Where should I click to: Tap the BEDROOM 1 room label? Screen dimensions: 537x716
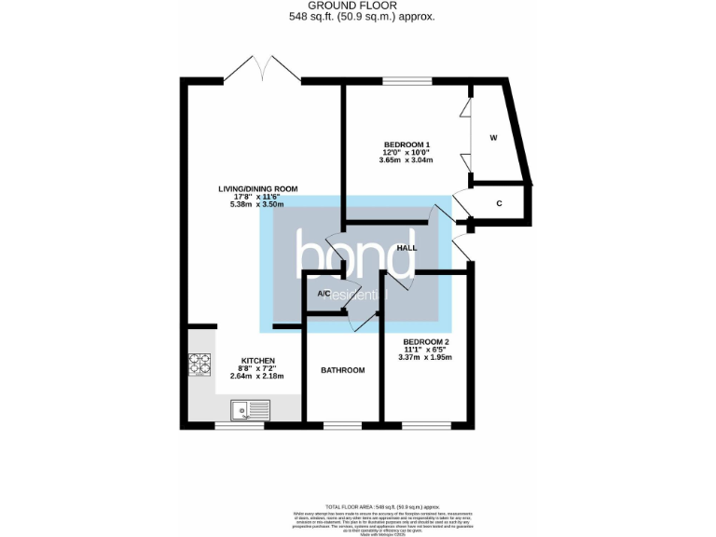point(406,145)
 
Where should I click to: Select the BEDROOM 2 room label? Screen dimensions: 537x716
point(424,342)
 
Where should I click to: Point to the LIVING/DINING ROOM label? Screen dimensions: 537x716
point(257,189)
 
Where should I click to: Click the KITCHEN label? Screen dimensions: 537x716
point(257,361)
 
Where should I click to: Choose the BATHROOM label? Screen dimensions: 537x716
point(342,370)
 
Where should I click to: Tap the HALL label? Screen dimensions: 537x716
point(406,248)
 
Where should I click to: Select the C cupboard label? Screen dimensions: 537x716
point(499,203)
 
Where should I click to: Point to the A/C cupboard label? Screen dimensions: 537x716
point(324,294)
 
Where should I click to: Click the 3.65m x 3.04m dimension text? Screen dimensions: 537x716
point(406,159)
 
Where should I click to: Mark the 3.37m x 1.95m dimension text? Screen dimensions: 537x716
point(424,357)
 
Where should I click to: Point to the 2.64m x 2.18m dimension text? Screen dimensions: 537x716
point(257,376)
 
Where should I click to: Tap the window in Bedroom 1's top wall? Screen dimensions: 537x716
point(401,81)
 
